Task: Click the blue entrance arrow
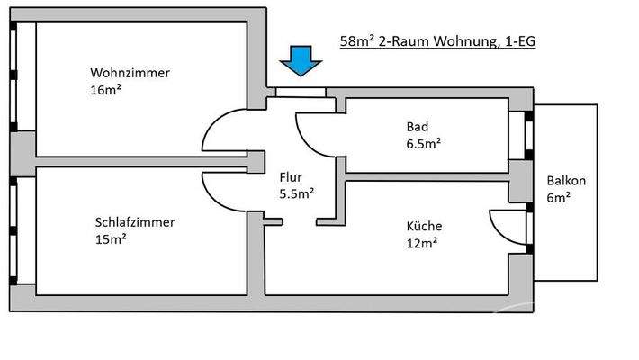pos(299,59)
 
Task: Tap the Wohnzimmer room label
pos(130,73)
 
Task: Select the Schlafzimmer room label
pos(134,222)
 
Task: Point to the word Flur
pos(290,177)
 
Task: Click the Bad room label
pos(416,126)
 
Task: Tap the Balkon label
pos(564,179)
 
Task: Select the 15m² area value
pos(110,239)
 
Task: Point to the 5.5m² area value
pos(296,193)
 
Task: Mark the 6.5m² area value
pos(423,142)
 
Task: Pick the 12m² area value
pos(421,242)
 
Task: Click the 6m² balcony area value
pos(558,196)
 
